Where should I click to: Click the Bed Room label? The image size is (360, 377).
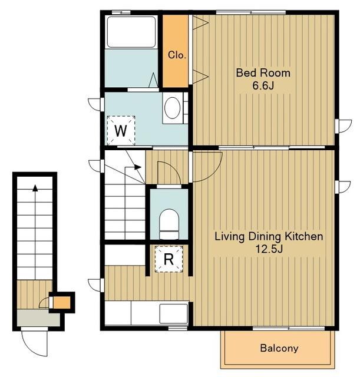click(263, 72)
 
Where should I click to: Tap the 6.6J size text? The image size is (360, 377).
click(263, 85)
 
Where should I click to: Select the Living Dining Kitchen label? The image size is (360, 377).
click(269, 237)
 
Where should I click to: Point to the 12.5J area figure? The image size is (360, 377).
click(269, 249)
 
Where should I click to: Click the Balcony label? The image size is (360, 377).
click(279, 348)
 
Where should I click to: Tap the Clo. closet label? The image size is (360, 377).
click(177, 55)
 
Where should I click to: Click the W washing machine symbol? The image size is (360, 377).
click(121, 131)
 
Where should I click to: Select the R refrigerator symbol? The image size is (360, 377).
click(169, 259)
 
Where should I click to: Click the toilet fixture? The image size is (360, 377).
click(169, 224)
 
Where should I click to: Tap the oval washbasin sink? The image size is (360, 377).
click(173, 108)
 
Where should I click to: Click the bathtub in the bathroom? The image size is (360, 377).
click(131, 32)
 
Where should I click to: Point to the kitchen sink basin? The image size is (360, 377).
click(174, 314)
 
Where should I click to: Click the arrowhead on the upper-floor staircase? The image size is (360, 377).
click(137, 167)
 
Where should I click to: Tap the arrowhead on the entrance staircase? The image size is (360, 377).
click(35, 188)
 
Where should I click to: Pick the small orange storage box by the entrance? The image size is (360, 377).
click(61, 302)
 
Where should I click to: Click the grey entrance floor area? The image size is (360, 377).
click(38, 318)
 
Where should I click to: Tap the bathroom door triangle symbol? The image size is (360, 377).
click(153, 80)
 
